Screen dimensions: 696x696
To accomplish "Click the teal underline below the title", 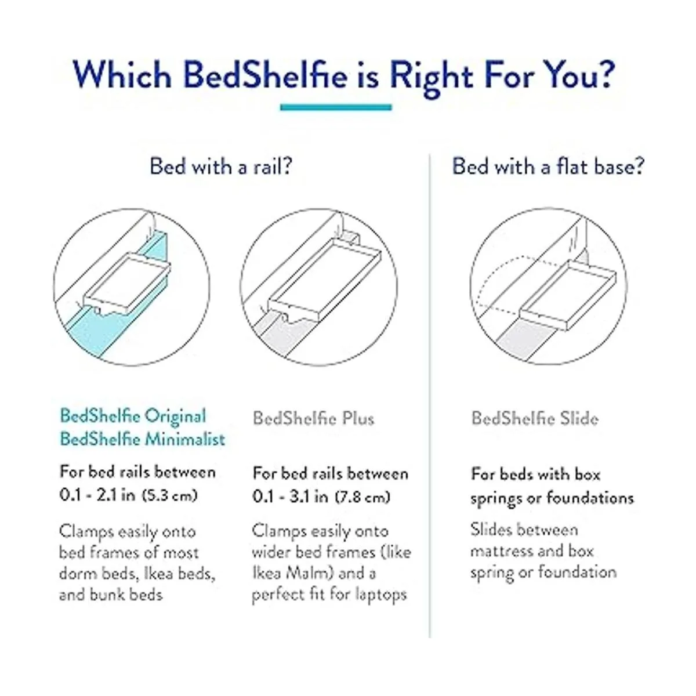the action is [336, 107].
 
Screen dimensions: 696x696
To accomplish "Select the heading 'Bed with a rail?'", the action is [220, 167].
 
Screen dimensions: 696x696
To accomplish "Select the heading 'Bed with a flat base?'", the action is [548, 167].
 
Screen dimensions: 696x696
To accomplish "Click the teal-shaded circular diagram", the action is [132, 287].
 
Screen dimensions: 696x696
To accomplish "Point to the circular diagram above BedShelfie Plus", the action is [319, 287].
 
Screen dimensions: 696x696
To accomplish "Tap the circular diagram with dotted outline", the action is [549, 287].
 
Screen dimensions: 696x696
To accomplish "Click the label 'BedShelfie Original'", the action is [133, 416].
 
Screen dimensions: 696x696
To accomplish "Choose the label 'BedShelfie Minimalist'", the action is [142, 440].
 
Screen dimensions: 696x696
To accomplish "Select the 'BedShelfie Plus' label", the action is [314, 419].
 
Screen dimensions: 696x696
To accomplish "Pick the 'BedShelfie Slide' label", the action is [535, 419].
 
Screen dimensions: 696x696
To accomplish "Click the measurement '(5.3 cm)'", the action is [169, 495].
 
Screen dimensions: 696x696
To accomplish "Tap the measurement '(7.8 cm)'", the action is [362, 497].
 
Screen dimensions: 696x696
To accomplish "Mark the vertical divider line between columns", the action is [430, 396].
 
